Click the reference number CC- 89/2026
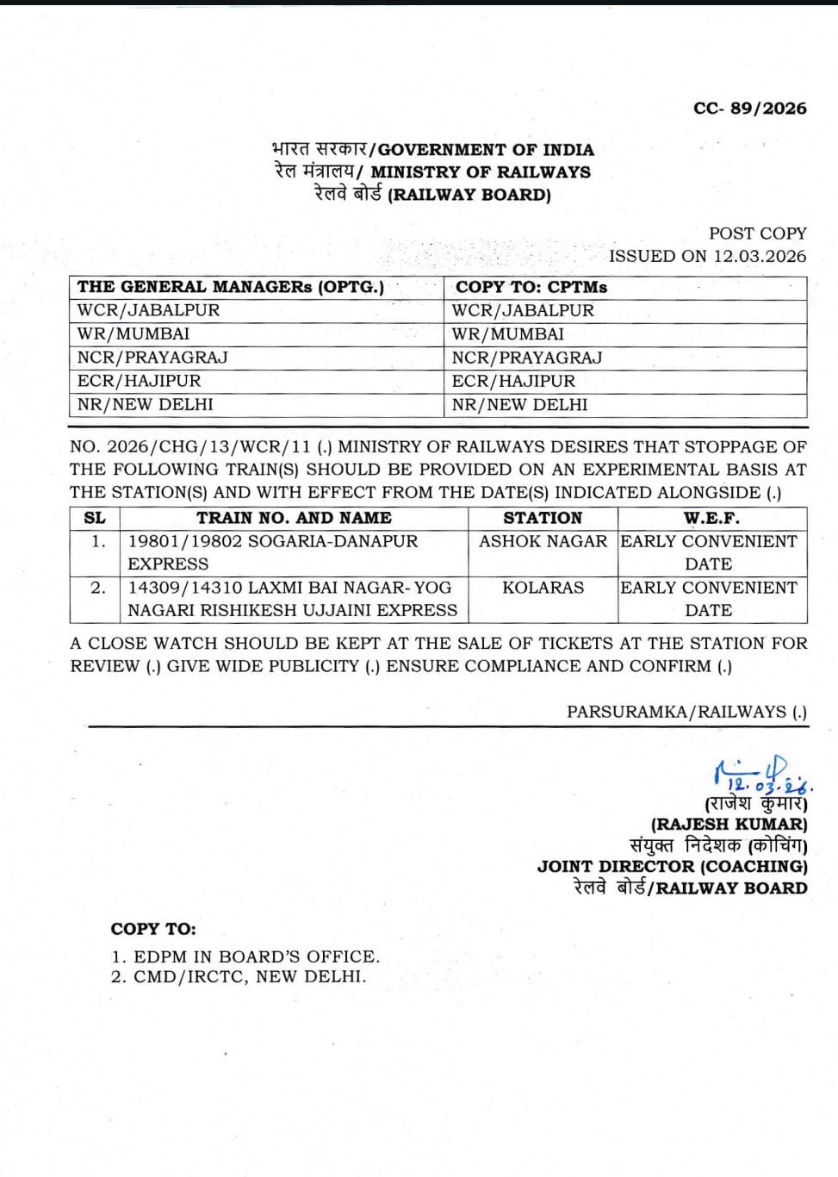(x=749, y=109)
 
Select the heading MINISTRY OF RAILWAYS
(x=481, y=171)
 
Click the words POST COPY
(x=757, y=234)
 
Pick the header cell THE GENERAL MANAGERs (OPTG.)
(x=231, y=287)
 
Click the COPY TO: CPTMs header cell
(x=531, y=287)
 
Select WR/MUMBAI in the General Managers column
(x=133, y=333)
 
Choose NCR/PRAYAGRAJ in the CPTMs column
(x=526, y=358)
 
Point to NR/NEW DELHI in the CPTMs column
(x=519, y=404)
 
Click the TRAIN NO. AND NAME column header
(x=294, y=518)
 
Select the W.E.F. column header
(x=711, y=518)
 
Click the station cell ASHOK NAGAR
(x=543, y=541)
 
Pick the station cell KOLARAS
(x=543, y=588)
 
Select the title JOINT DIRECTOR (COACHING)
(x=673, y=867)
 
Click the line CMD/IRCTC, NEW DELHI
(x=250, y=977)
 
